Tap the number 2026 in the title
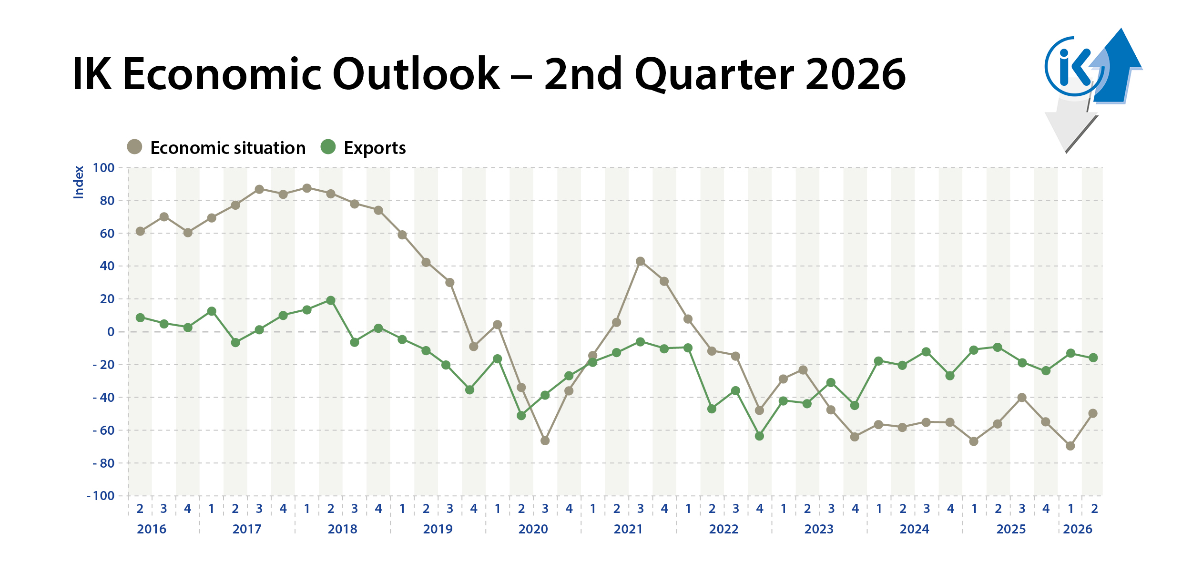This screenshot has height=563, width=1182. tap(856, 74)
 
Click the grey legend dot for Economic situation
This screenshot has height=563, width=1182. tap(135, 147)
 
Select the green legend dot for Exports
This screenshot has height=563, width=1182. tap(328, 147)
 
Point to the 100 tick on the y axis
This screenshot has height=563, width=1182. tap(103, 168)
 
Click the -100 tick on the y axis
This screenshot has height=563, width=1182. tap(101, 496)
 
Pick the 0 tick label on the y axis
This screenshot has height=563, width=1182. tap(111, 332)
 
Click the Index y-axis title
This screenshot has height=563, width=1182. tap(79, 182)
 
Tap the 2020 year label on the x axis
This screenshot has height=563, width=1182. tap(533, 529)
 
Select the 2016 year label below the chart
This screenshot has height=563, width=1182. tap(152, 529)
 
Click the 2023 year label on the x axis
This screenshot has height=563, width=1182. tap(819, 529)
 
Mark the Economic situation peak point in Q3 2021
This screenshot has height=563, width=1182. tap(641, 261)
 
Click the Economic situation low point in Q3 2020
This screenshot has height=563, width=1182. tap(545, 441)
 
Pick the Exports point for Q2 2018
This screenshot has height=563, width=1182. tap(331, 300)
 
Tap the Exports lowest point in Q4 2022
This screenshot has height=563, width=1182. tap(760, 436)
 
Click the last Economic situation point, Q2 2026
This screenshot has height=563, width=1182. tap(1093, 413)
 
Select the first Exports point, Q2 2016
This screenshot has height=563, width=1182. tap(140, 317)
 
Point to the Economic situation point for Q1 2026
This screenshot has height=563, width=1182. tap(1070, 446)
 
